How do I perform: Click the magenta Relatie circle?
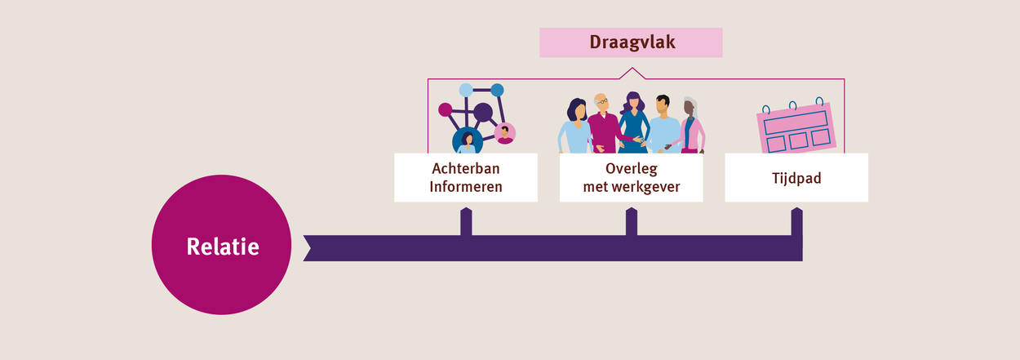[x=221, y=245]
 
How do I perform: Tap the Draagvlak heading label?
[x=631, y=42]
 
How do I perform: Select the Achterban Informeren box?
[x=466, y=177]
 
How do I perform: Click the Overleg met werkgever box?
[x=631, y=177]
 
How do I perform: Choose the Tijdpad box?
[x=796, y=177]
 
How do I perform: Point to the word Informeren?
[x=466, y=186]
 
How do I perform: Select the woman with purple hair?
[x=633, y=122]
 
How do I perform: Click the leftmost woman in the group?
[x=574, y=127]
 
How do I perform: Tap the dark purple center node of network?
[x=483, y=112]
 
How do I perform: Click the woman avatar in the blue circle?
[x=468, y=140]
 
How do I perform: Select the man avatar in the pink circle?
[x=505, y=134]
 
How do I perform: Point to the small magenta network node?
[x=445, y=109]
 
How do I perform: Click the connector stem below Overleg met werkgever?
[x=631, y=221]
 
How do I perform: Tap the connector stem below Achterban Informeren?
[x=466, y=221]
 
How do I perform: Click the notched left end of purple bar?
[x=308, y=248]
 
